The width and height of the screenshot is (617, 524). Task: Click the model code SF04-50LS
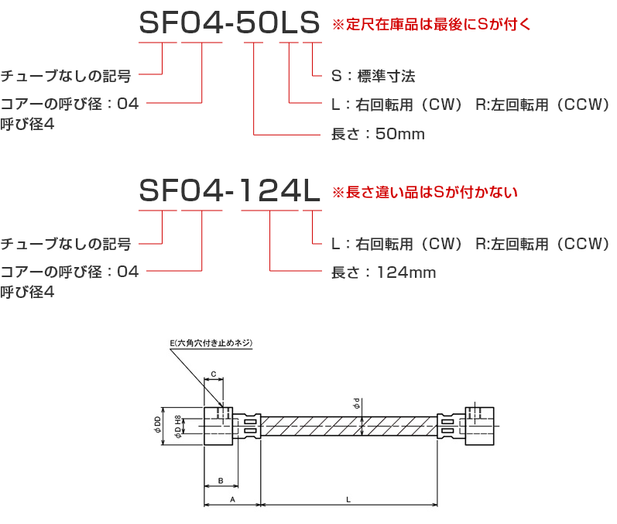pos(229,22)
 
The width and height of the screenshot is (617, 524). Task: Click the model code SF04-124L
pos(229,191)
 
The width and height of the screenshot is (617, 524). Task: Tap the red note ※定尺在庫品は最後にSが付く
pos(432,25)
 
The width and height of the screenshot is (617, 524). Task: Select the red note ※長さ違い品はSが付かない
pos(425,193)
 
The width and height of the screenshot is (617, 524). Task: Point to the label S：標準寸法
pos(373,76)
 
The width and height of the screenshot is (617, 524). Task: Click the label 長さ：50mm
pos(378,134)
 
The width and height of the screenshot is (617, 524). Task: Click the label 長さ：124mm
pos(384,272)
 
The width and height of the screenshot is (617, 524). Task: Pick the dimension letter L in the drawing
pos(348,499)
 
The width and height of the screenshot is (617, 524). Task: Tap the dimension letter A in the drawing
pos(232,499)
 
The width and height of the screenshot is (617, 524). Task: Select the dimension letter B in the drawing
pos(221,481)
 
